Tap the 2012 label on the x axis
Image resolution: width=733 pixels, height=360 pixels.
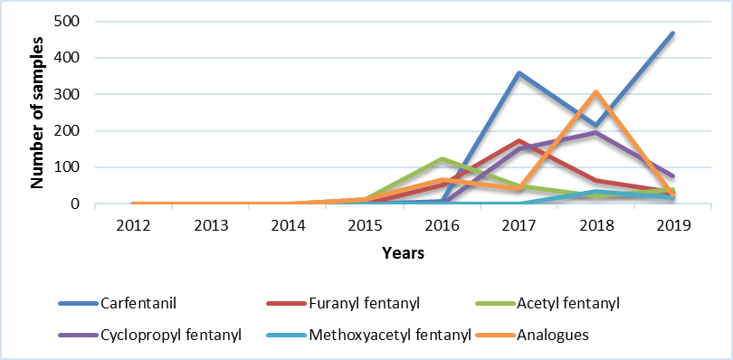click(x=134, y=223)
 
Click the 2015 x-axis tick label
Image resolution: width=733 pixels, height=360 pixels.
click(x=365, y=223)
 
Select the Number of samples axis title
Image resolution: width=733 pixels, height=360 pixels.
click(x=38, y=112)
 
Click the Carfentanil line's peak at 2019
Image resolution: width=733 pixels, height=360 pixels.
click(x=672, y=33)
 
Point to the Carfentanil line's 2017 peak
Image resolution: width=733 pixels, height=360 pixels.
click(x=519, y=72)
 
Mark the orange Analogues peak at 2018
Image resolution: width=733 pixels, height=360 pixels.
click(x=595, y=92)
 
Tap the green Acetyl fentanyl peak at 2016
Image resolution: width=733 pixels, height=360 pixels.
click(x=442, y=159)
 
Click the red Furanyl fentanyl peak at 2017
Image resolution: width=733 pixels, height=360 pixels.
click(x=519, y=141)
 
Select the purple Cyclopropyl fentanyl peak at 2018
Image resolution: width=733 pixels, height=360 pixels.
click(x=595, y=133)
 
